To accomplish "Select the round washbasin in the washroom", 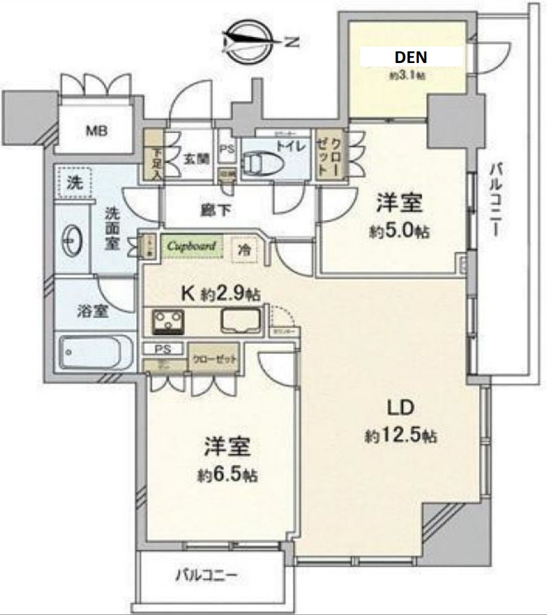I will click(x=71, y=240).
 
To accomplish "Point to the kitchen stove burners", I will click(x=168, y=320).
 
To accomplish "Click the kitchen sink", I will click(x=240, y=320).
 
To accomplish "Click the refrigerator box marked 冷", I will click(x=244, y=250).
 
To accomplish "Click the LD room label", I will click(x=400, y=409).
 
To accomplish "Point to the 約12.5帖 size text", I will click(x=401, y=436).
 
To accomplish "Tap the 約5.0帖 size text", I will click(x=401, y=231).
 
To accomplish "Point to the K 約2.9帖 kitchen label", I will click(x=219, y=293).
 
